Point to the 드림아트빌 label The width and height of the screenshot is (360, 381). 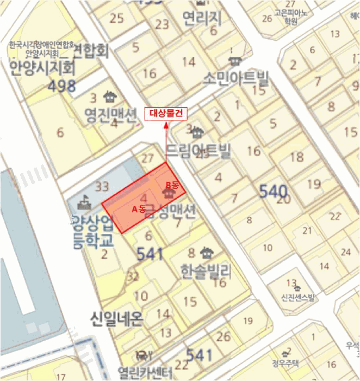[198, 151]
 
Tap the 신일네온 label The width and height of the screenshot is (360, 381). [117, 318]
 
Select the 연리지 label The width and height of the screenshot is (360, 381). [202, 18]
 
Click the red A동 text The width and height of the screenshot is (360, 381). [139, 209]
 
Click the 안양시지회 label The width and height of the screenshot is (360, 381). [42, 68]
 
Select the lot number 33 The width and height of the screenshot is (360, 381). [102, 186]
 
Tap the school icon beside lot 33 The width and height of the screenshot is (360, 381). [84, 203]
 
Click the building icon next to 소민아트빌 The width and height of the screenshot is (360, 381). [235, 60]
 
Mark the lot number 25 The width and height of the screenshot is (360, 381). [116, 18]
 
